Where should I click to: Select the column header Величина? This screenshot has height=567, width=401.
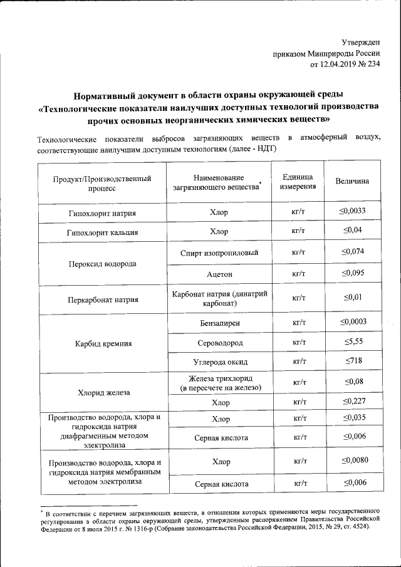(352, 181)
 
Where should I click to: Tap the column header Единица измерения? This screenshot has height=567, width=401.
(298, 182)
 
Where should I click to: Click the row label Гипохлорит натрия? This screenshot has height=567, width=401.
(102, 213)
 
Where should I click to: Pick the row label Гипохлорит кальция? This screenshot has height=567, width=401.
(102, 232)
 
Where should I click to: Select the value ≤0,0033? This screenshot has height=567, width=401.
(352, 211)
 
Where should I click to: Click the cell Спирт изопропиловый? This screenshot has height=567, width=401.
(219, 253)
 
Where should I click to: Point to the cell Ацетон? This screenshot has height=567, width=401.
(219, 274)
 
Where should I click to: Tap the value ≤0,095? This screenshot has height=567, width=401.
(352, 273)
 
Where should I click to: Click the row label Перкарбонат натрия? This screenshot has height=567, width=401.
(102, 299)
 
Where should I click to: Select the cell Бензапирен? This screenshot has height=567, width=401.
(219, 323)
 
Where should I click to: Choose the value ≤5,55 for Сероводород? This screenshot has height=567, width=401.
(352, 343)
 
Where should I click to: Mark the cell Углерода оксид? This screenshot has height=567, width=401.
(219, 362)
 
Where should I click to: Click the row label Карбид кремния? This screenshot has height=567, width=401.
(102, 343)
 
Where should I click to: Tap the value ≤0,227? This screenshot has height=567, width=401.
(352, 401)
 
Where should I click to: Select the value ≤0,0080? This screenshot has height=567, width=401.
(352, 461)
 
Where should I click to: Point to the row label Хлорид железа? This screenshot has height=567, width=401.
(102, 392)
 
